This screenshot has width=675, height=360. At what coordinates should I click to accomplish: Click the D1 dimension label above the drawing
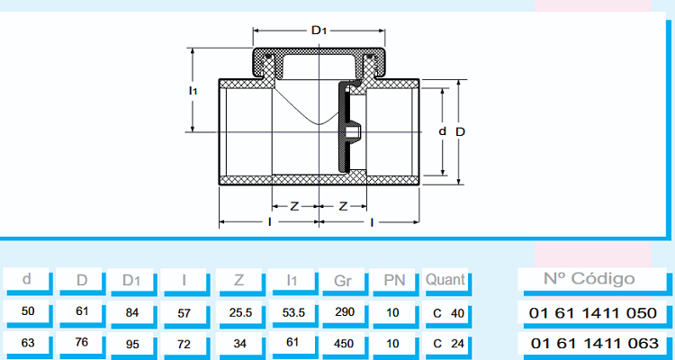[319, 31]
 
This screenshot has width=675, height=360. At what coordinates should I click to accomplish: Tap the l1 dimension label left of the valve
[193, 91]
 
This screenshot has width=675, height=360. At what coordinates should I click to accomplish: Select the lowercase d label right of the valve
[442, 131]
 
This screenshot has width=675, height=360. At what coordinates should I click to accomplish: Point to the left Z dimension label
[293, 206]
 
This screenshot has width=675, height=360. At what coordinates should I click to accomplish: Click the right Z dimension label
[343, 206]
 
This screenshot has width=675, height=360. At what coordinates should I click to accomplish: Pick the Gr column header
[342, 280]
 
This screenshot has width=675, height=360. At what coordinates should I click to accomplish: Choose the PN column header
[393, 280]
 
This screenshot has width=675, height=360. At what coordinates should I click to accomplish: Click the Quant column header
[445, 280]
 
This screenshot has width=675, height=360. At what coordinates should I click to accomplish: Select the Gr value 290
[342, 312]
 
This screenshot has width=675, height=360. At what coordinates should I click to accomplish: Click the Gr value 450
[342, 344]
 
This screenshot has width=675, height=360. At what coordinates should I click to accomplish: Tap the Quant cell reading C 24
[445, 344]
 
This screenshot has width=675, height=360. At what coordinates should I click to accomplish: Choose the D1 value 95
[132, 344]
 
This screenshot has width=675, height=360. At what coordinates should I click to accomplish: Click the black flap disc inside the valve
[344, 130]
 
